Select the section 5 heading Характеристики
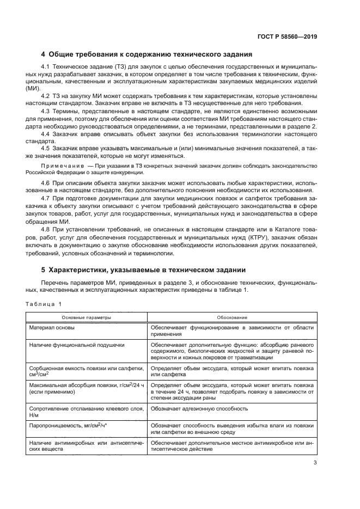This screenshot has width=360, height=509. pos(144,269)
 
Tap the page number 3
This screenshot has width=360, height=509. pos(315,463)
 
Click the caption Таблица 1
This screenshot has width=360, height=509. pos(46,304)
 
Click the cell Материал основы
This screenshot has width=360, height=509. pos(52,328)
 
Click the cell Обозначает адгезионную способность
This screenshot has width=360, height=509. pos(200,409)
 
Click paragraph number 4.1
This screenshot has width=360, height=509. pos(46,66)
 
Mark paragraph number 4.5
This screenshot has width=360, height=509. pos(46,147)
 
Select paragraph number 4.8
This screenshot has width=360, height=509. pos(46,229)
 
